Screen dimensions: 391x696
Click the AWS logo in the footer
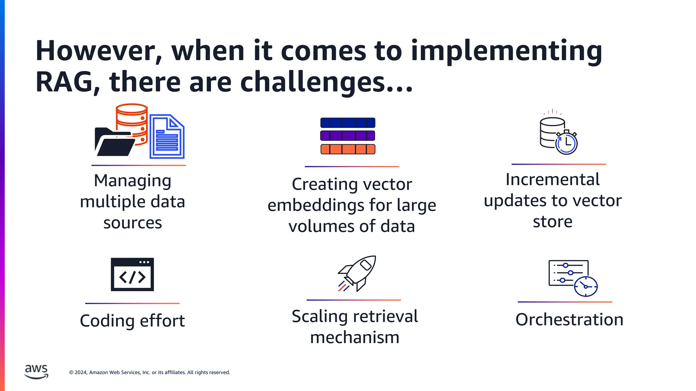(36, 372)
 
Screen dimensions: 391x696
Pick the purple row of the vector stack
(348, 136)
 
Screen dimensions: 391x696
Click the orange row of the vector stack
(348, 149)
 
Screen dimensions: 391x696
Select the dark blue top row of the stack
(348, 123)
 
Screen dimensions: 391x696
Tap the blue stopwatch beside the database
(567, 143)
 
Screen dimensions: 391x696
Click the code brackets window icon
(132, 275)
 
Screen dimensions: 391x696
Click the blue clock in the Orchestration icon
(586, 286)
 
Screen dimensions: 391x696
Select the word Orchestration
(569, 320)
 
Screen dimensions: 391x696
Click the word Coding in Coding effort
(107, 321)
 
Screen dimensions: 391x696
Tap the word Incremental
(552, 180)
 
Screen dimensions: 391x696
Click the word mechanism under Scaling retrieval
(354, 338)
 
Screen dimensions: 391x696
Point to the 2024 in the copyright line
(81, 372)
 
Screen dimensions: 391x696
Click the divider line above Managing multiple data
(139, 165)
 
